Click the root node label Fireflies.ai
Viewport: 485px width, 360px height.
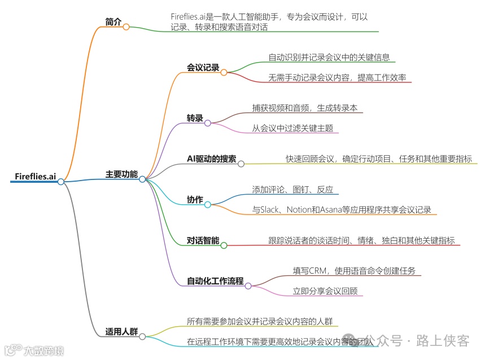(x=35, y=177)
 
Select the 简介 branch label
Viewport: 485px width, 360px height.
(x=113, y=22)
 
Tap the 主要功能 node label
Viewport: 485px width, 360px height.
(x=121, y=174)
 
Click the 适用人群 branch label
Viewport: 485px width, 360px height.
(x=121, y=331)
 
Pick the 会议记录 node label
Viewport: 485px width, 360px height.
(x=203, y=68)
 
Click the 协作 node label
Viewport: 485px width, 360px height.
(x=195, y=199)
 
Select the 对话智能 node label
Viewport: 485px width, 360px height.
(x=203, y=240)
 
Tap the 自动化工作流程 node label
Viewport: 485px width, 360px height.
(x=215, y=281)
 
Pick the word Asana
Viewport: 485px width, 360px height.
(x=340, y=210)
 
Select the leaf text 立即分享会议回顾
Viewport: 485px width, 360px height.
(x=324, y=291)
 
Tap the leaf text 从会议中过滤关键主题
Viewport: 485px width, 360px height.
(x=292, y=128)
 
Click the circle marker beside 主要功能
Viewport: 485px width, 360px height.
(x=142, y=179)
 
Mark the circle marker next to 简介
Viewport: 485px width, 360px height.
(x=126, y=27)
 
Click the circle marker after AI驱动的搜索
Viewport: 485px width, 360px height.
(x=241, y=164)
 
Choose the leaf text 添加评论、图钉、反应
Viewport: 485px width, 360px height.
(x=292, y=190)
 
